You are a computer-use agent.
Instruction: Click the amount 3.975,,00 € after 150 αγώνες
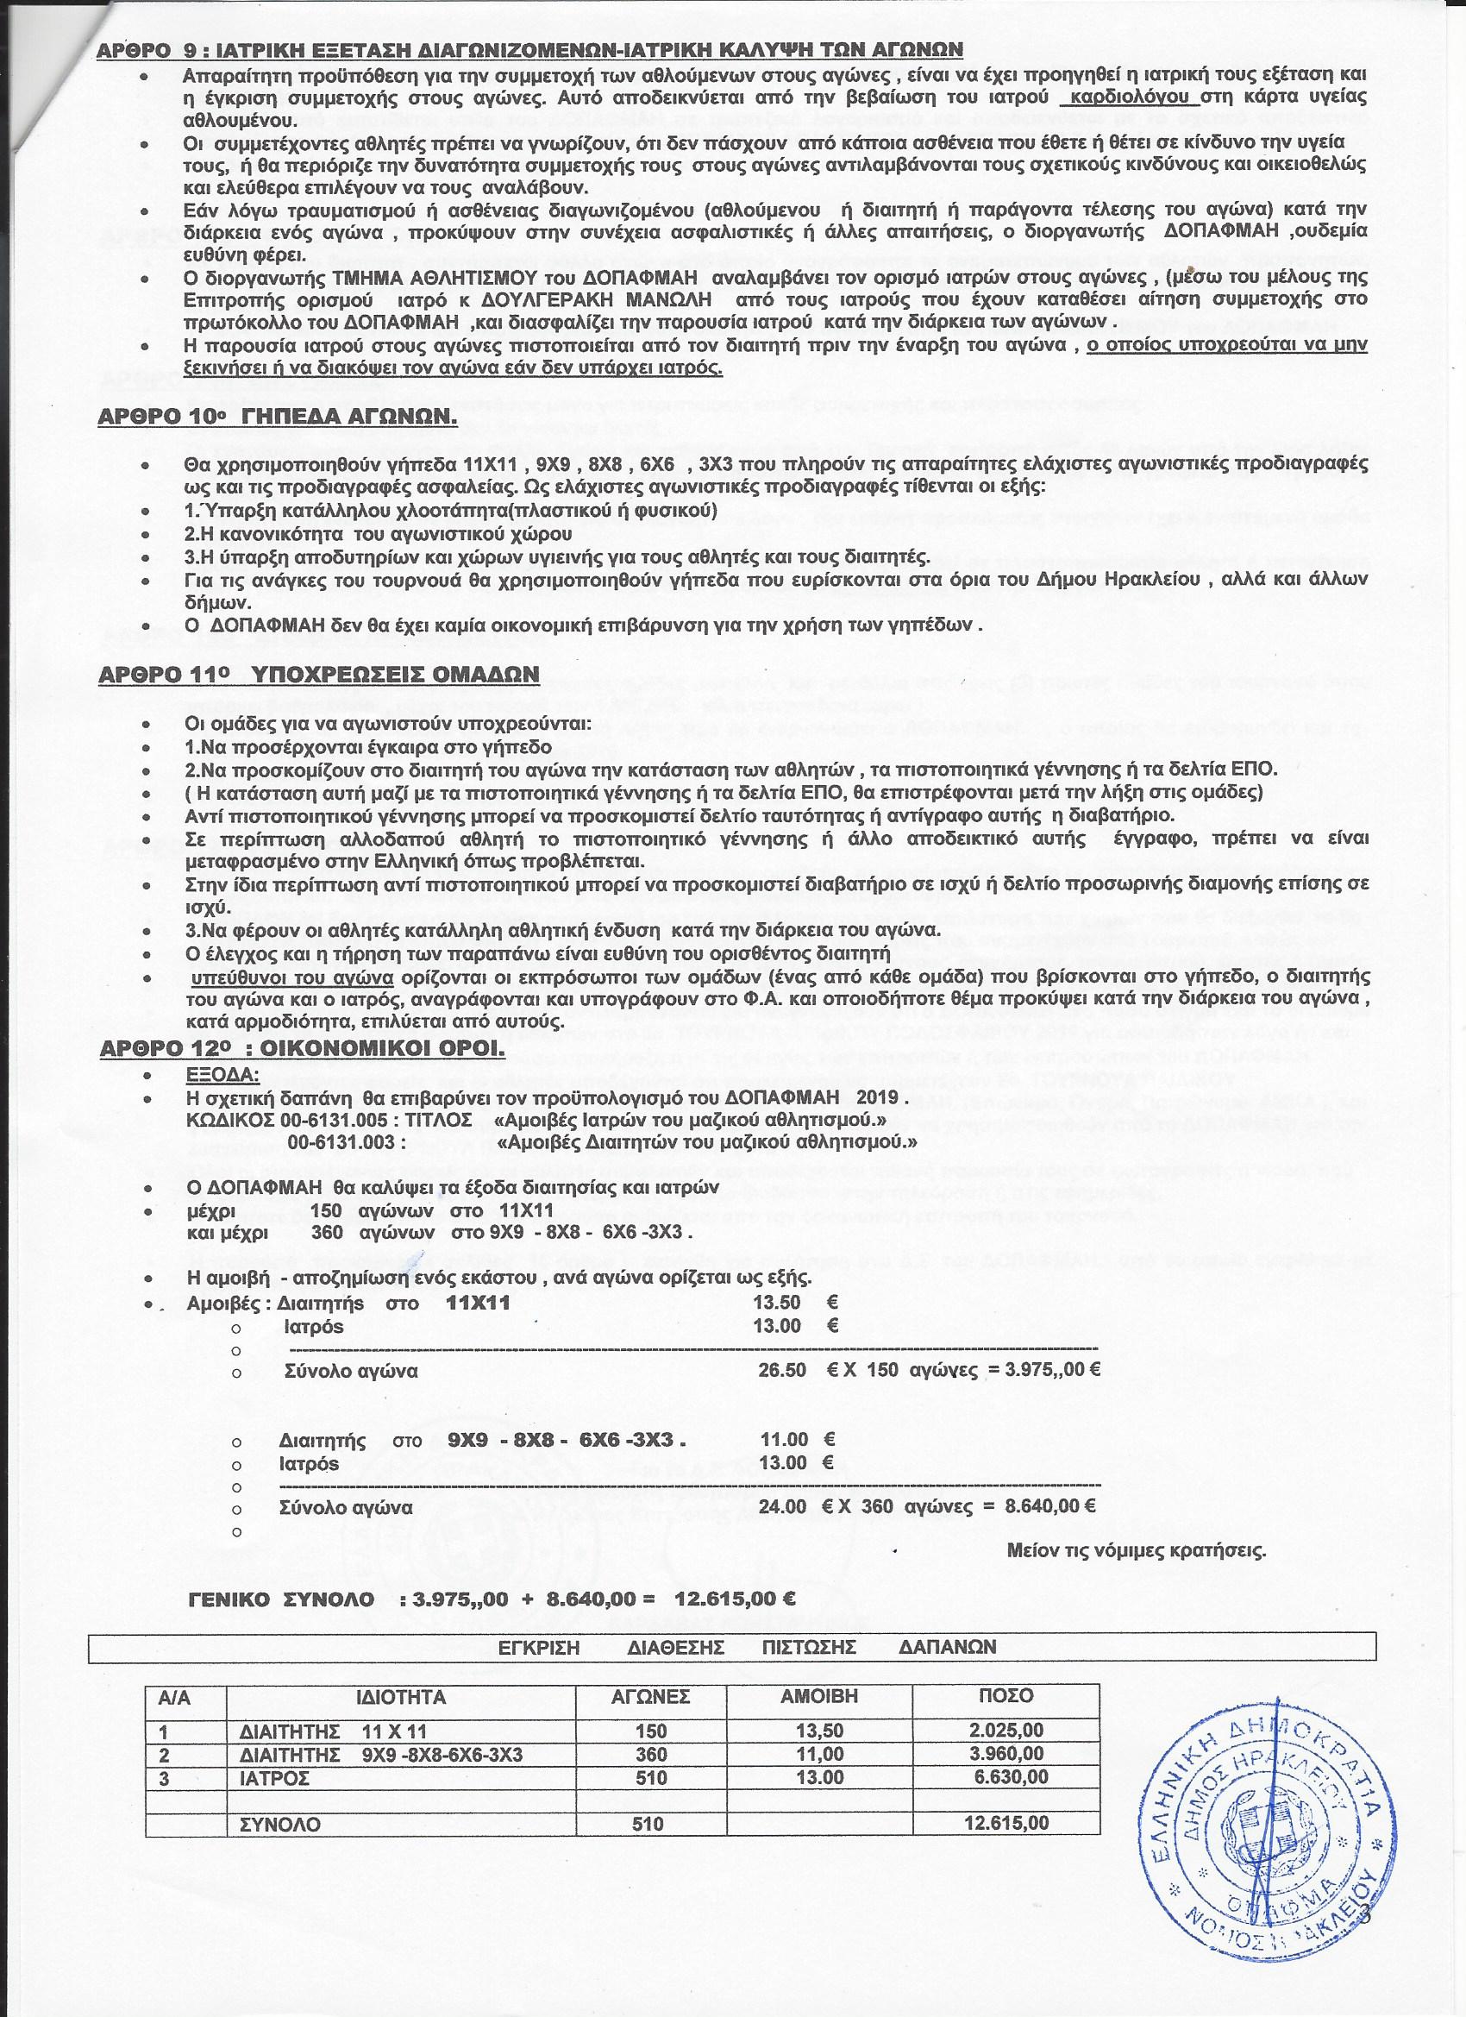pyautogui.click(x=1052, y=1371)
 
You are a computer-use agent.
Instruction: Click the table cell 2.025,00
pyautogui.click(x=1007, y=1731)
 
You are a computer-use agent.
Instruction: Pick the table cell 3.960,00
pyautogui.click(x=1007, y=1755)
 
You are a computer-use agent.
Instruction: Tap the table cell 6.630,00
pyautogui.click(x=1007, y=1778)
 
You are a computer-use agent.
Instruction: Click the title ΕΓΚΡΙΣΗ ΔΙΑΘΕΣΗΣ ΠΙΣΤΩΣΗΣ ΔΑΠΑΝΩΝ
pyautogui.click(x=749, y=1647)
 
